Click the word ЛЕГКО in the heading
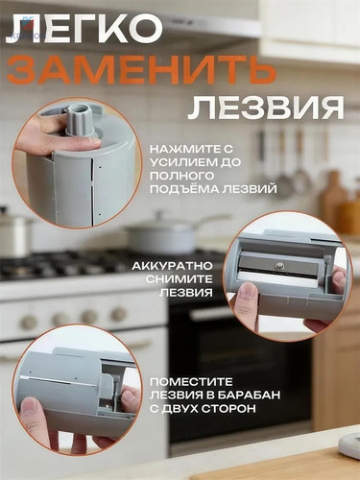click(85, 29)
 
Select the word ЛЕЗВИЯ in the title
click(266, 105)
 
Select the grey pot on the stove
click(168, 233)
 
